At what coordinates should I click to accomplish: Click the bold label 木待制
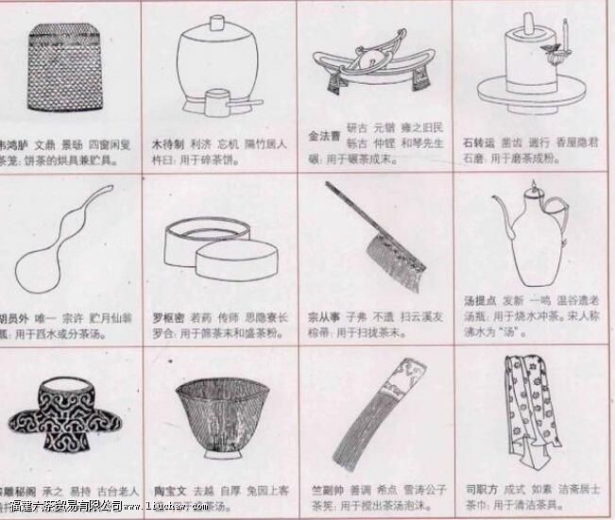[169, 146]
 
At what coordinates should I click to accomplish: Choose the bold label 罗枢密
[169, 316]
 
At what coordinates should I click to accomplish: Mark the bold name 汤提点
[480, 300]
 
